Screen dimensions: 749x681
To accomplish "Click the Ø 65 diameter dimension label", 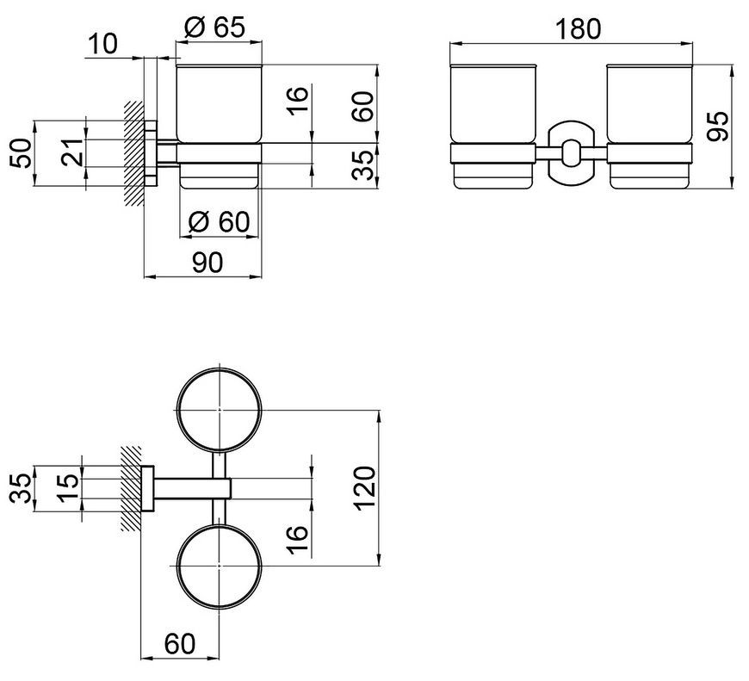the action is [x=214, y=28].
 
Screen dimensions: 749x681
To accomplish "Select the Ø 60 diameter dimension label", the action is [x=219, y=221].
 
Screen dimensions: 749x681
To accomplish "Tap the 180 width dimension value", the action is [x=578, y=29].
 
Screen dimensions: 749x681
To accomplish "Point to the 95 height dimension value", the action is [x=718, y=126].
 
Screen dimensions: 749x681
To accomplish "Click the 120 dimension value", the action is [x=366, y=488].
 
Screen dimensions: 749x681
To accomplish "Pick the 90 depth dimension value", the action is [x=207, y=263].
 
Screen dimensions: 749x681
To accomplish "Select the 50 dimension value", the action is [x=21, y=153].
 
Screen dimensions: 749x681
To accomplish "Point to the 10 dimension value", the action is [x=102, y=45].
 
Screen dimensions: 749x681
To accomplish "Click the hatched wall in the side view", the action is [x=134, y=153].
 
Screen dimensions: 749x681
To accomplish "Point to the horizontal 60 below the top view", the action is [x=180, y=644].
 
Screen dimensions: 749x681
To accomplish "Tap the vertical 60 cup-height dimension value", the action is [x=363, y=107].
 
